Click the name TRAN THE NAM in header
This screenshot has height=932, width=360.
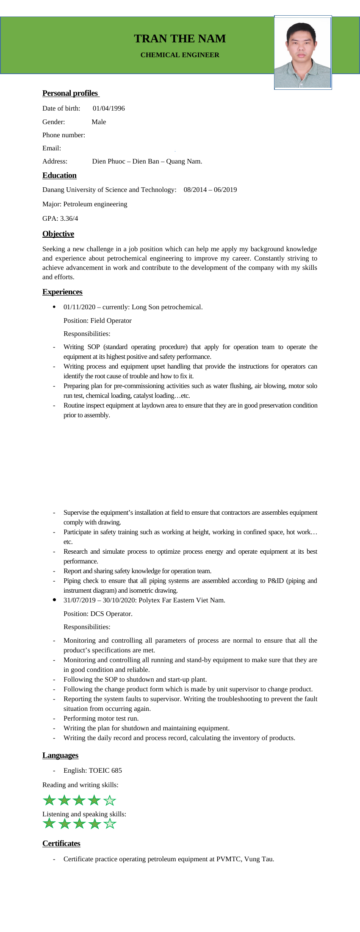pyautogui.click(x=180, y=39)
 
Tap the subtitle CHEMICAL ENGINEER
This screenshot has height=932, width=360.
pyautogui.click(x=180, y=55)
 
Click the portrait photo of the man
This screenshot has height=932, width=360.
pyautogui.click(x=302, y=53)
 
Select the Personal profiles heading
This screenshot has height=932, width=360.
pyautogui.click(x=70, y=93)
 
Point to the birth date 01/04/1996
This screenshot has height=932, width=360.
pyautogui.click(x=109, y=108)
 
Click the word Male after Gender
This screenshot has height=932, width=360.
pyautogui.click(x=99, y=122)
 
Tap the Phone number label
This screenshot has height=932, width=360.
pyautogui.click(x=64, y=135)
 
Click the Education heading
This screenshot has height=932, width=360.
pyautogui.click(x=59, y=175)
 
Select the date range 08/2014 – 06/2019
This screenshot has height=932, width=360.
pyautogui.click(x=210, y=190)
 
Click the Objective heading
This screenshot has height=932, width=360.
pyautogui.click(x=58, y=234)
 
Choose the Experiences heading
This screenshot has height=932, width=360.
pyautogui.click(x=62, y=292)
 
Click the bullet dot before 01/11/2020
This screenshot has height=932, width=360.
pyautogui.click(x=54, y=307)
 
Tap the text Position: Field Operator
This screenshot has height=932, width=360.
pyautogui.click(x=97, y=321)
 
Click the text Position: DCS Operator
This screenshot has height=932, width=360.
pyautogui.click(x=98, y=614)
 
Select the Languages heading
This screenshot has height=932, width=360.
pyautogui.click(x=60, y=755)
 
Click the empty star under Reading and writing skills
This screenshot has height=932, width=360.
pyautogui.click(x=110, y=800)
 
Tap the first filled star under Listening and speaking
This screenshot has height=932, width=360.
pyautogui.click(x=50, y=824)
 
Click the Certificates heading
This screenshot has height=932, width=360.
pyautogui.click(x=61, y=843)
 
